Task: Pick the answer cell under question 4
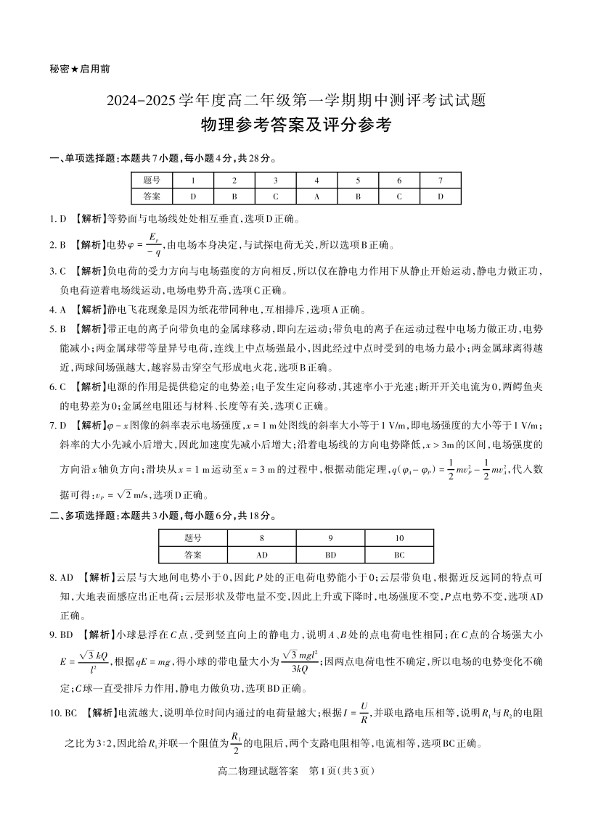click(317, 196)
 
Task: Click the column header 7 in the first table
click(440, 181)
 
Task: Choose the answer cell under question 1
click(193, 196)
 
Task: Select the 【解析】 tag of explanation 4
click(89, 309)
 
